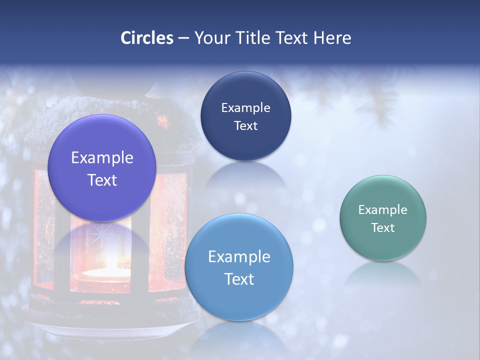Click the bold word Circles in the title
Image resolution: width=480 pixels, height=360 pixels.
coord(146,38)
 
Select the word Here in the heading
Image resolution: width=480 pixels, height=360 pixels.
coord(332,38)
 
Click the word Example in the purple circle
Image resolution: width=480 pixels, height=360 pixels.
coord(102,158)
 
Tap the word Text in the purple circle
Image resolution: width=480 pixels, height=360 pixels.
coord(102,180)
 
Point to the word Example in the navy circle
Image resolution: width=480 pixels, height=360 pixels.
coord(245,108)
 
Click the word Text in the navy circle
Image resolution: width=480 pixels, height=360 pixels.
coord(245,126)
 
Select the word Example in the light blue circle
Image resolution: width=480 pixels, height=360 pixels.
coord(239,257)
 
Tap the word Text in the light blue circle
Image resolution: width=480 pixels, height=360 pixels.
coord(239,279)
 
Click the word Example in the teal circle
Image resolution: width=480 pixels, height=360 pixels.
coord(382,210)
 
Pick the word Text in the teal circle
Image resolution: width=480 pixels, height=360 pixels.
coord(382,228)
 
